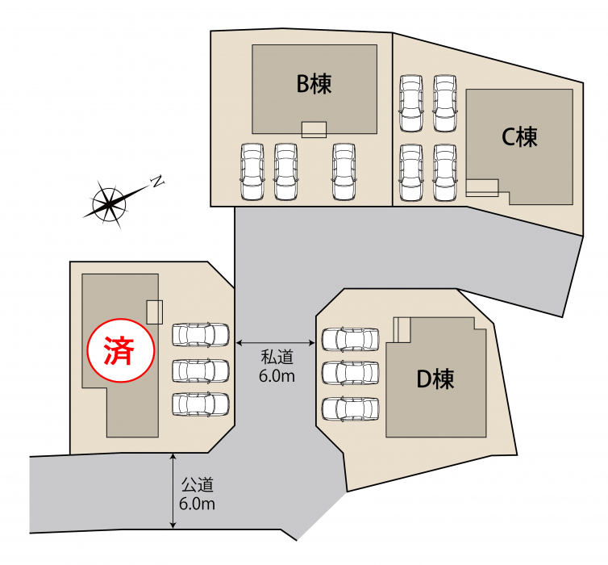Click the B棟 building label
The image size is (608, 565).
[x=314, y=83]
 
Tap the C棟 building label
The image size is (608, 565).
[x=519, y=137]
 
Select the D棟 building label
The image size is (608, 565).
[x=435, y=379]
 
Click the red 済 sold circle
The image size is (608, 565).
[x=121, y=350]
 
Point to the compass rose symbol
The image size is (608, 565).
[x=110, y=203]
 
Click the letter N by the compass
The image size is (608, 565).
[x=157, y=182]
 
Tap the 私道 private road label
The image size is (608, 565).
[x=277, y=357]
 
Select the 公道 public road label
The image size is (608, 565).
[x=198, y=484]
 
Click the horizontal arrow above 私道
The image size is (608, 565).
[x=275, y=343]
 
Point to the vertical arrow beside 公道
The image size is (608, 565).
[x=173, y=491]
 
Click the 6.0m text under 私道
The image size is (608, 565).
[x=277, y=376]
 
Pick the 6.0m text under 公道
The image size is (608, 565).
[x=197, y=504]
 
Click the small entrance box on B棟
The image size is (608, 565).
[x=314, y=130]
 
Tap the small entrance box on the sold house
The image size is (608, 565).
[x=154, y=312]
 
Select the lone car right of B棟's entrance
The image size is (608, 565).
[x=344, y=172]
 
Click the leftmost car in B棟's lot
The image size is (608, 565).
[x=252, y=172]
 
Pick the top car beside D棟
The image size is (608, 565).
[x=351, y=340]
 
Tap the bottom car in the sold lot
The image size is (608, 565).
[x=201, y=404]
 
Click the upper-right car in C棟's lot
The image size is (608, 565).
[x=445, y=103]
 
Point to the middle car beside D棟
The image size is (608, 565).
[x=351, y=373]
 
